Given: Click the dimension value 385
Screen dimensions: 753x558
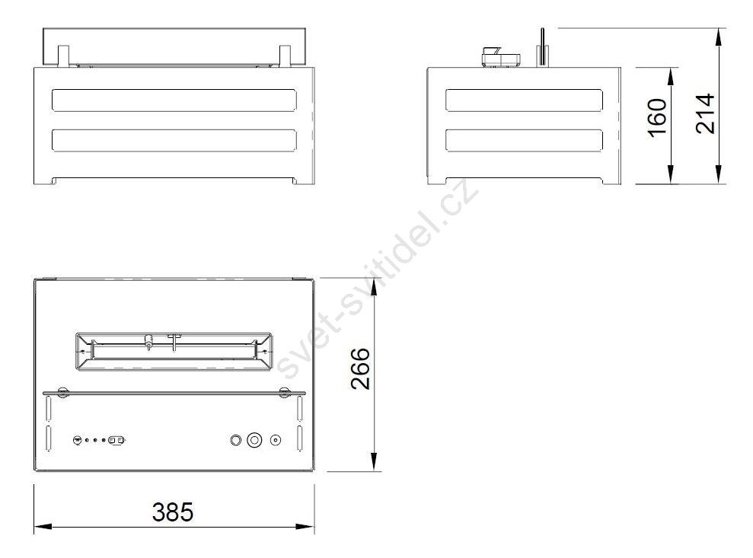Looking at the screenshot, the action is click(173, 512).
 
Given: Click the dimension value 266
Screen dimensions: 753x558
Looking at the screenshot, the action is click(361, 368).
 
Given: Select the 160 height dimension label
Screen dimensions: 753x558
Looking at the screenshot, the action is click(657, 118).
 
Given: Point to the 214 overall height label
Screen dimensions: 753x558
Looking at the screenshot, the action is click(706, 113).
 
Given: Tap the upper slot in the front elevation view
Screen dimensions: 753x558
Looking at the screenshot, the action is click(174, 100).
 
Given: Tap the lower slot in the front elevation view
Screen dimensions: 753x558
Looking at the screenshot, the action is click(174, 141).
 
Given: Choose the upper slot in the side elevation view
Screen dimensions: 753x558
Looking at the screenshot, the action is click(524, 100).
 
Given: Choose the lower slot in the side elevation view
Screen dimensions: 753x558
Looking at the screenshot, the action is click(524, 141).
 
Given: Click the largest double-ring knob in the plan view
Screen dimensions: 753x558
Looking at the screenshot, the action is click(254, 440).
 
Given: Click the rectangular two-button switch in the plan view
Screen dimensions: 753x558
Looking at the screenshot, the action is click(116, 440).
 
